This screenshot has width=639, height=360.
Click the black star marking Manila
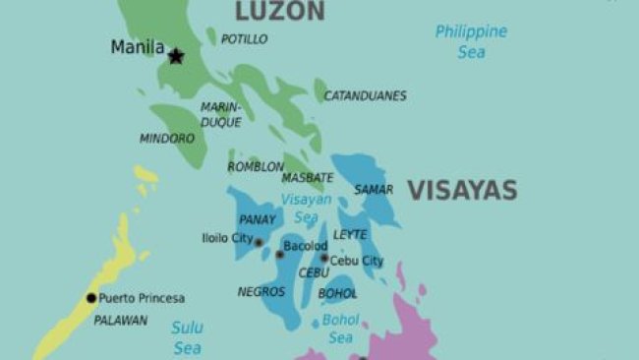176,56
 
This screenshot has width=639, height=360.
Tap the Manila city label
137,47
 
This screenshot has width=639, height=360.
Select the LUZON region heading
279,12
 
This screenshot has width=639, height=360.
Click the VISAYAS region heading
462,190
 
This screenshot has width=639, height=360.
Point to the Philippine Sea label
471,41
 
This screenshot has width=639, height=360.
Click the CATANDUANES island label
366,95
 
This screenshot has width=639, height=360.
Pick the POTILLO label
244,39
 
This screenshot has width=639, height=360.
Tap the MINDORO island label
166,139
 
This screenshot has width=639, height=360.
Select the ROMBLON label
256,167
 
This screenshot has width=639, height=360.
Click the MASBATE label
308,178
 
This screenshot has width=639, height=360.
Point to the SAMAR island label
374,189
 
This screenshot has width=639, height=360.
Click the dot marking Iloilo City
260,242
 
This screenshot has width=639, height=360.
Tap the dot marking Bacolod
279,255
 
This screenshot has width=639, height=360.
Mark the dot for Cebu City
324,259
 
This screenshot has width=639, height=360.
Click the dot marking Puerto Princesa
91,298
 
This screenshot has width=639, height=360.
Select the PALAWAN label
120,320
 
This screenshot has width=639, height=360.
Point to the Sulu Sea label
187,336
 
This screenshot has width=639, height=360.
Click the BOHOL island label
337,293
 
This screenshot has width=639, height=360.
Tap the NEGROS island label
261,292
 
